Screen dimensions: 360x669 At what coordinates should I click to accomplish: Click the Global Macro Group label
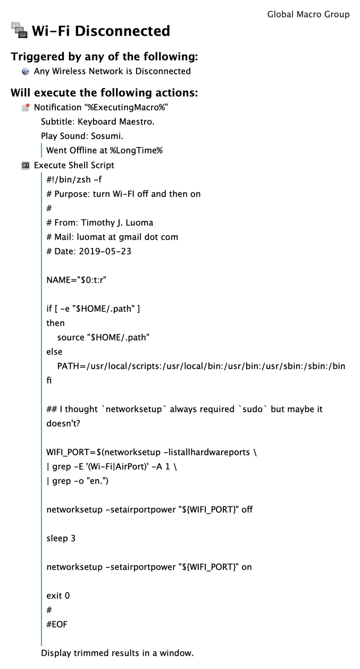click(x=308, y=14)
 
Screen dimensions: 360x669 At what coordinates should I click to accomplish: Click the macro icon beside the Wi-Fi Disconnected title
click(x=19, y=30)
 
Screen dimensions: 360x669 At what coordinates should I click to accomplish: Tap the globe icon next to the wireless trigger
click(x=26, y=71)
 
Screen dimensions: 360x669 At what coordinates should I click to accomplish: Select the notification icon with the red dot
click(x=26, y=107)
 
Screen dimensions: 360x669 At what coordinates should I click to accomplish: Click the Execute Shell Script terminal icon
click(x=26, y=165)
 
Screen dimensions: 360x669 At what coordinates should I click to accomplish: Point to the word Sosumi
click(x=107, y=136)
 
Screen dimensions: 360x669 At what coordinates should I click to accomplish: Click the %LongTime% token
click(x=136, y=150)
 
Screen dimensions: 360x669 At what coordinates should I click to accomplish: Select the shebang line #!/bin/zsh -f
click(x=74, y=180)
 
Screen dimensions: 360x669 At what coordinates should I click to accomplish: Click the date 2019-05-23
click(x=105, y=251)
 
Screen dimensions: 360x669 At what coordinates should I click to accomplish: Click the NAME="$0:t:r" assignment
click(x=77, y=280)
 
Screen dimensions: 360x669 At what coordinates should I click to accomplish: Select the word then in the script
click(x=55, y=323)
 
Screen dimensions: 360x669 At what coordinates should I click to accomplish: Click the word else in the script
click(x=54, y=352)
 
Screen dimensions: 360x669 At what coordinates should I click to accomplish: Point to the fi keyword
click(x=49, y=380)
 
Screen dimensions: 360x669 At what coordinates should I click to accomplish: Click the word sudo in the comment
click(x=253, y=409)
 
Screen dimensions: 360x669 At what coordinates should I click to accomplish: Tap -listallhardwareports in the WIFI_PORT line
click(x=207, y=452)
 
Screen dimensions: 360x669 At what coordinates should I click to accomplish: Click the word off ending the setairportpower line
click(x=247, y=510)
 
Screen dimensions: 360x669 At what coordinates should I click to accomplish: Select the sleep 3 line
click(x=61, y=538)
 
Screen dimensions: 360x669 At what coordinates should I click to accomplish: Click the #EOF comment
click(x=57, y=624)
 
